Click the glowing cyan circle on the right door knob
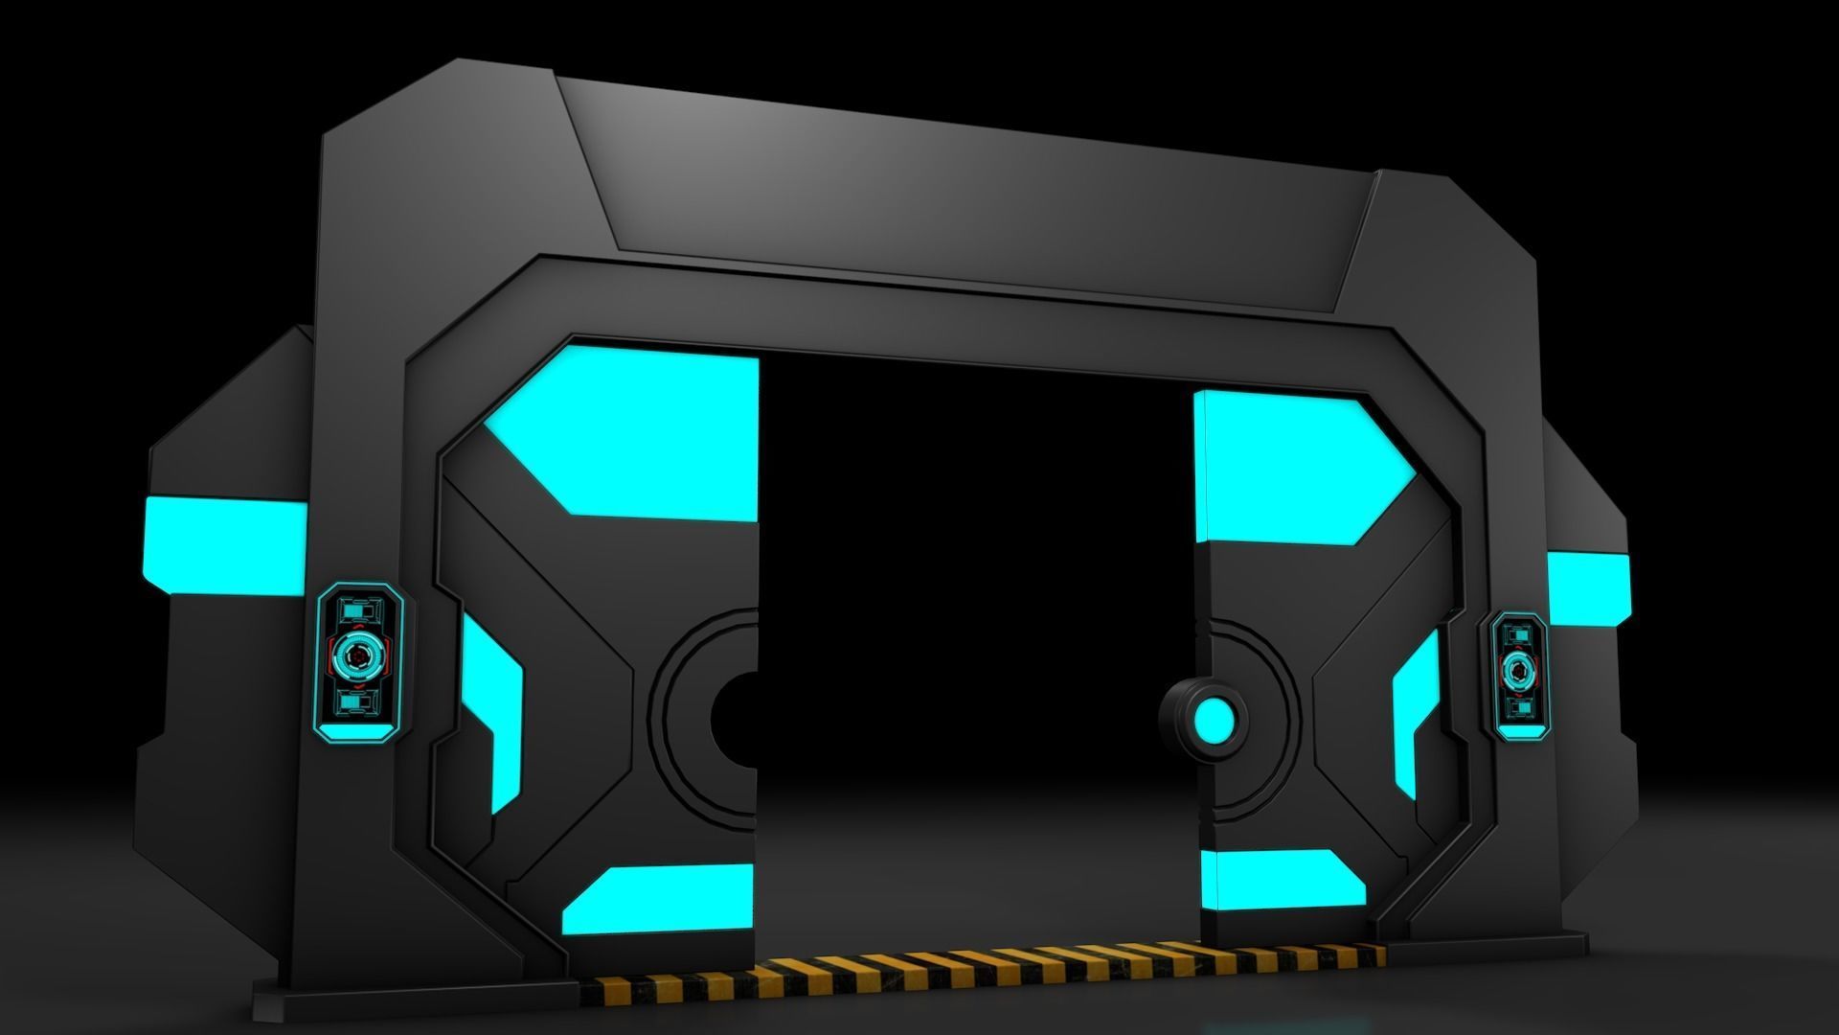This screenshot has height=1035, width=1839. (x=1214, y=720)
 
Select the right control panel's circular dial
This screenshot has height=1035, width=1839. (x=1518, y=671)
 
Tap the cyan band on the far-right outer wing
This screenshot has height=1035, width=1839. (x=1588, y=587)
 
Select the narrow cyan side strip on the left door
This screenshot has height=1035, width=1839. (x=493, y=709)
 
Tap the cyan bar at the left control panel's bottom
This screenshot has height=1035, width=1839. (x=356, y=733)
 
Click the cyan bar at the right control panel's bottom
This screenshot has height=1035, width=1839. (x=1517, y=730)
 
